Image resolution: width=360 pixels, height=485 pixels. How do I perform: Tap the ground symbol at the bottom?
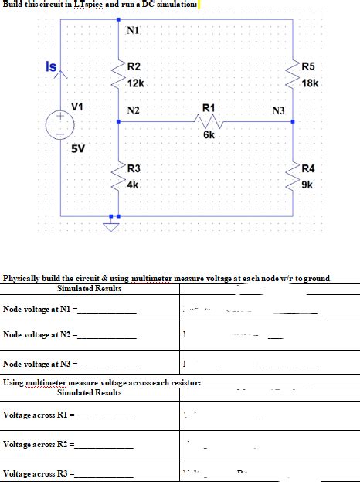pos(113,226)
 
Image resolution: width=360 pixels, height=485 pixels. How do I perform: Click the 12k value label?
pos(136,83)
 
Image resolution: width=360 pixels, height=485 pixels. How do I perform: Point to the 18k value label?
pos(311,83)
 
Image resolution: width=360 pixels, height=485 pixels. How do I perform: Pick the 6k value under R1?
pos(209,134)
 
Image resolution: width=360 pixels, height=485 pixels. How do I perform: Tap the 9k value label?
pos(307,185)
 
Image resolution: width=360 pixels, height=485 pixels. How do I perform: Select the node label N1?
pos(132,31)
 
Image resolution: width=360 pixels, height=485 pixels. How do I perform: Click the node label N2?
pos(134,111)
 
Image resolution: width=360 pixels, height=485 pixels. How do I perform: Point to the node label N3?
pos(279,111)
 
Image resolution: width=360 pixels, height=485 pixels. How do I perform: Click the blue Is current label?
pos(48,67)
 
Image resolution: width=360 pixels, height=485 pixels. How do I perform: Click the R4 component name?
pos(308,169)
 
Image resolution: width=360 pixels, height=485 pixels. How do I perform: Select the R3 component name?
pos(134,168)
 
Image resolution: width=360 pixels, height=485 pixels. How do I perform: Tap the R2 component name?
pos(134,67)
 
